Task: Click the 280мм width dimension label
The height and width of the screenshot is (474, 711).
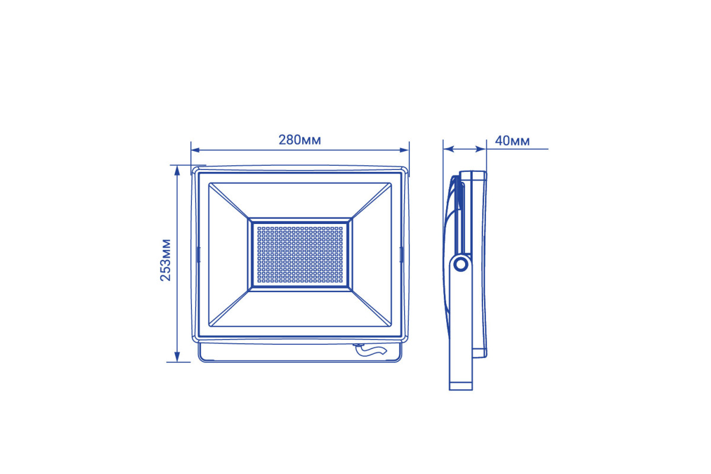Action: click(300, 140)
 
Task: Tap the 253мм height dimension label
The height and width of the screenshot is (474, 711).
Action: click(165, 260)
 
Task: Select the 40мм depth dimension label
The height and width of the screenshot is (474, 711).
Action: click(513, 141)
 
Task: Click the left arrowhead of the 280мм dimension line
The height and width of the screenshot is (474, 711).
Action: click(195, 150)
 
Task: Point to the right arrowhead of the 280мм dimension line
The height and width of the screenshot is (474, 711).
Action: click(404, 150)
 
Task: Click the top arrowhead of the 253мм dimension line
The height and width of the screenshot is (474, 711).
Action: click(177, 170)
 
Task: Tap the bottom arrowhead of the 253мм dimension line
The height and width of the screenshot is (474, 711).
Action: click(177, 357)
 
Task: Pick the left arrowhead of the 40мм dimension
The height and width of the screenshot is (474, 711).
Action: click(448, 149)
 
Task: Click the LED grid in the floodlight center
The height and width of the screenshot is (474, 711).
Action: click(300, 255)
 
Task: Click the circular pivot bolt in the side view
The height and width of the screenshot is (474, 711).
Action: click(461, 264)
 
